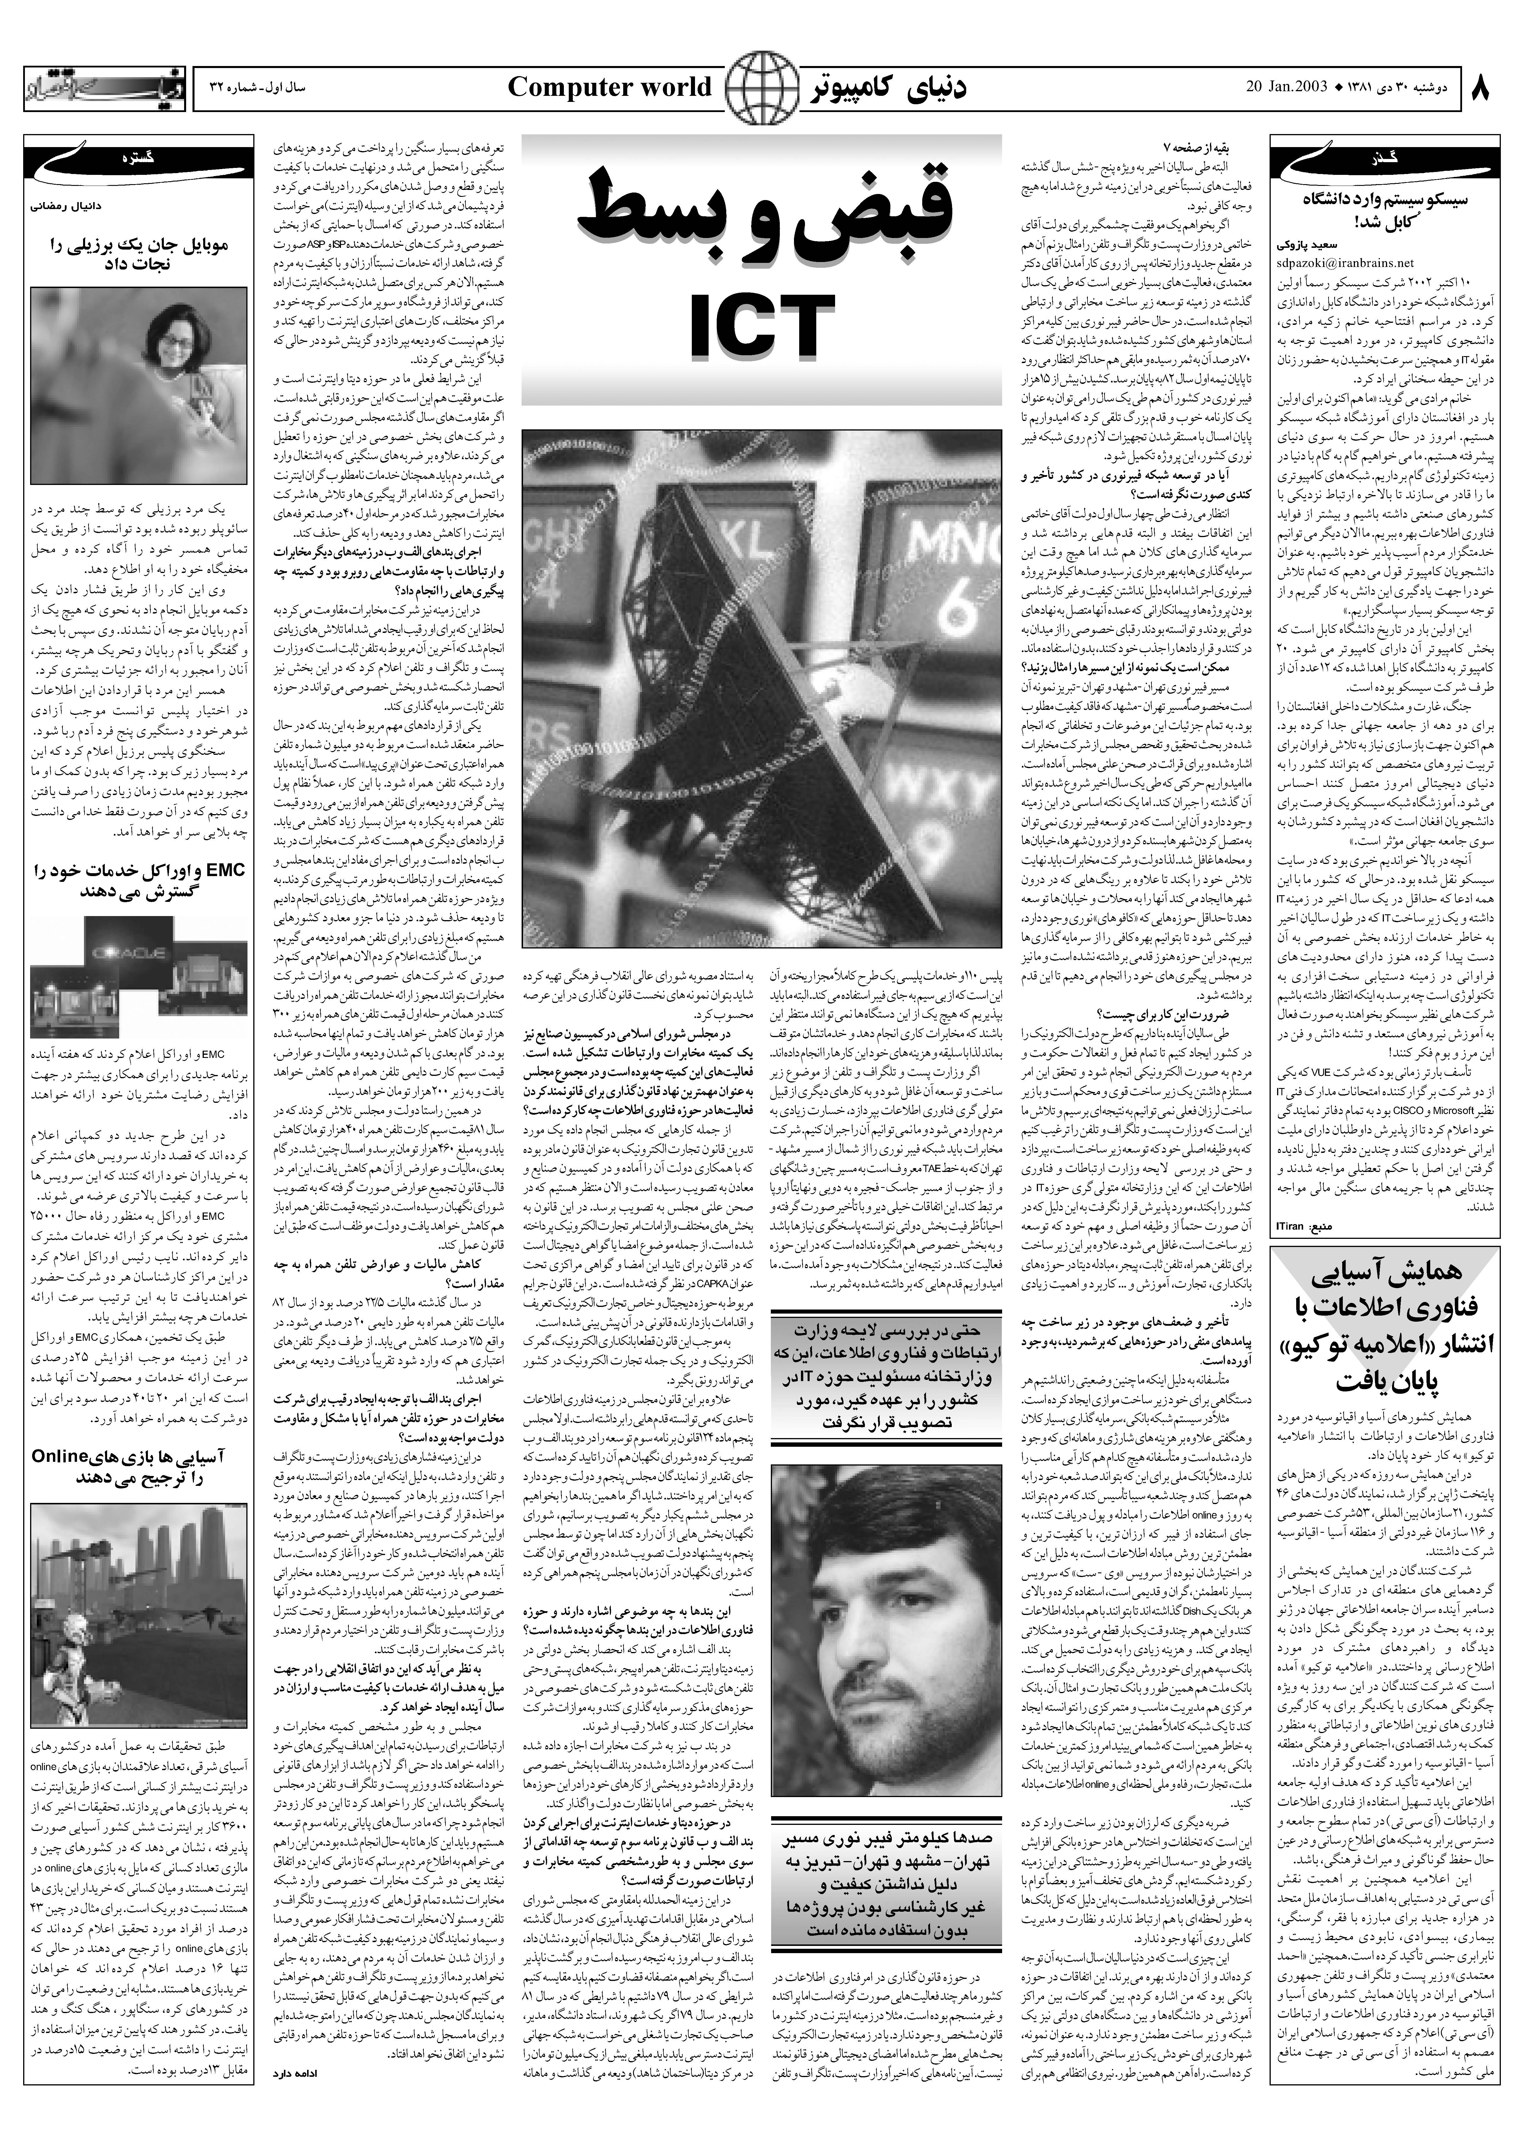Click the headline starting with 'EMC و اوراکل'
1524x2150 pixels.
point(138,880)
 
